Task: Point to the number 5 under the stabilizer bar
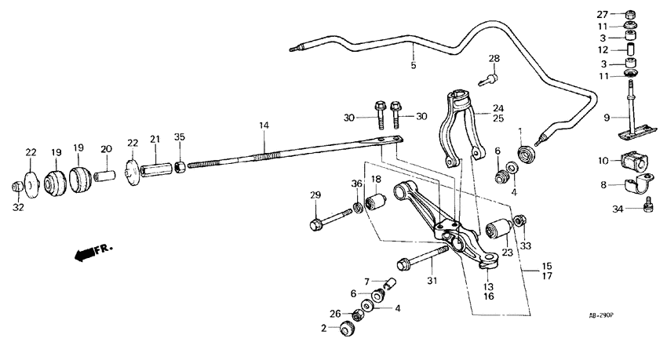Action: (414, 66)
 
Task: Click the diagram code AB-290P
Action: (601, 315)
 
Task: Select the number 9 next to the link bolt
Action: (606, 118)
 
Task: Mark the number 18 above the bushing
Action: (376, 180)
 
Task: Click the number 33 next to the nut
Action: (525, 245)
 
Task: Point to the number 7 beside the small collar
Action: (366, 281)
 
